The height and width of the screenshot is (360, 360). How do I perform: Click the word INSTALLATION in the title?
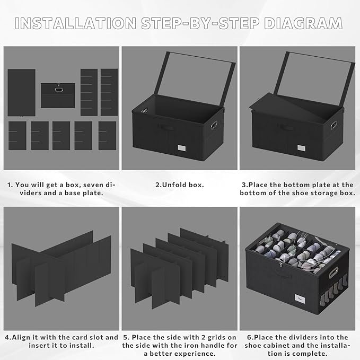[75, 23]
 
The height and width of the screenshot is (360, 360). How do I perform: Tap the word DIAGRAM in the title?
[303, 23]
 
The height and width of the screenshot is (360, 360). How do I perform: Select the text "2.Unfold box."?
[180, 185]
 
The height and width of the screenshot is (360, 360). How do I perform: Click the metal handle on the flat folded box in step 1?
[58, 89]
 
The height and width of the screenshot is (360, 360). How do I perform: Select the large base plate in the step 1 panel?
[22, 93]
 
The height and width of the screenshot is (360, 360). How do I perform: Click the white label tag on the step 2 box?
[182, 148]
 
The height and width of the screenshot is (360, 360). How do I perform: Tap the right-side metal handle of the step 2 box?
[214, 125]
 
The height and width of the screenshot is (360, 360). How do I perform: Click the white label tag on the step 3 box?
[301, 148]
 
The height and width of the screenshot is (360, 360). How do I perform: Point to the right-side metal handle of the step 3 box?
[333, 125]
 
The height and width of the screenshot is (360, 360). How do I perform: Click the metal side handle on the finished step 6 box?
[333, 273]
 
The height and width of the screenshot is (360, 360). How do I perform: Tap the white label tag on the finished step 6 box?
[300, 298]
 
